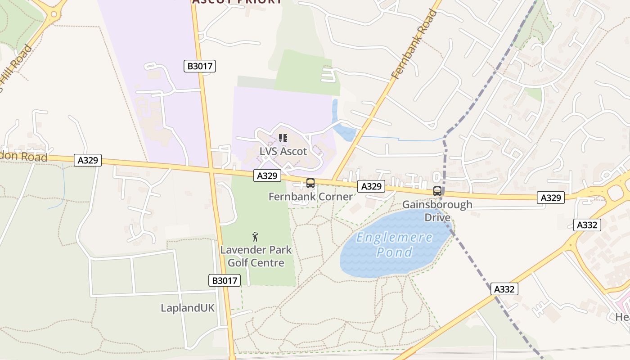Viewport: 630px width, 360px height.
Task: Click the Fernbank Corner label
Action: tap(310, 197)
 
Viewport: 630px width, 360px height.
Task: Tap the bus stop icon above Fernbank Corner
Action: tap(310, 183)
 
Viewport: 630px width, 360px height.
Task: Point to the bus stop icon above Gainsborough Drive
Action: tap(437, 191)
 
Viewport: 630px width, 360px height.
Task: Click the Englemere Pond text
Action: tap(394, 245)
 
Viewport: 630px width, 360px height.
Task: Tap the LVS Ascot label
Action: tap(283, 151)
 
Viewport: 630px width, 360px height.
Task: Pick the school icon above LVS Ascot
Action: tap(283, 138)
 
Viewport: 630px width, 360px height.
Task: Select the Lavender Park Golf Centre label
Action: tap(256, 256)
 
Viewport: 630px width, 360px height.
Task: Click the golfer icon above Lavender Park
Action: tap(256, 236)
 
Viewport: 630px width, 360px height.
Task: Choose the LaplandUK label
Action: tap(188, 308)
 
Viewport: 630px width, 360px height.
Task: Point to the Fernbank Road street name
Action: tap(414, 45)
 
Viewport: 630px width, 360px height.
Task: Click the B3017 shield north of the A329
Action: tap(200, 66)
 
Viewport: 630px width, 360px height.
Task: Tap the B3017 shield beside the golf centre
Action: tap(225, 280)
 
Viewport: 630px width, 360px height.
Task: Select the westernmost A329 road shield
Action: tap(88, 160)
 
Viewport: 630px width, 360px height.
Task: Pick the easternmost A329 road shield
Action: tap(550, 198)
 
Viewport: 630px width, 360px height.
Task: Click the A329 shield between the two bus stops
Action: tap(371, 186)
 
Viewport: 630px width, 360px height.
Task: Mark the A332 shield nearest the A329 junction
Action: tap(587, 225)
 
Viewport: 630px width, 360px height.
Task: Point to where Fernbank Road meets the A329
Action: tap(333, 181)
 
